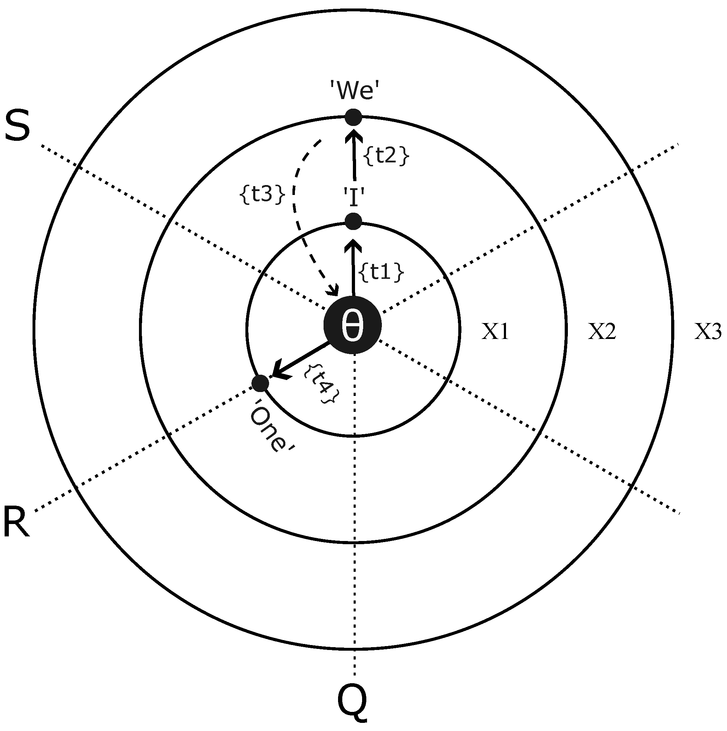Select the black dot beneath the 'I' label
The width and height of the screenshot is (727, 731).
tap(354, 221)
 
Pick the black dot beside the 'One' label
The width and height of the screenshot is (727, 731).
tap(260, 383)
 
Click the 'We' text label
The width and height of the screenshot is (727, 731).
tap(354, 91)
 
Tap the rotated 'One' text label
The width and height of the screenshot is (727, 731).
tap(272, 431)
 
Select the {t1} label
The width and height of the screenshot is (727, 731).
tap(381, 272)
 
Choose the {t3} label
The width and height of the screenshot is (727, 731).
tap(262, 195)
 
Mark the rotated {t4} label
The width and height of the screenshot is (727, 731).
tap(322, 384)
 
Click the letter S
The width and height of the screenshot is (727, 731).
tap(17, 126)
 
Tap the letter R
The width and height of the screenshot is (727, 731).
tap(16, 523)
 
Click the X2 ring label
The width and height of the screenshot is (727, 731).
tap(602, 332)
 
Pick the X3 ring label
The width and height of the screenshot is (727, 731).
tap(708, 332)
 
